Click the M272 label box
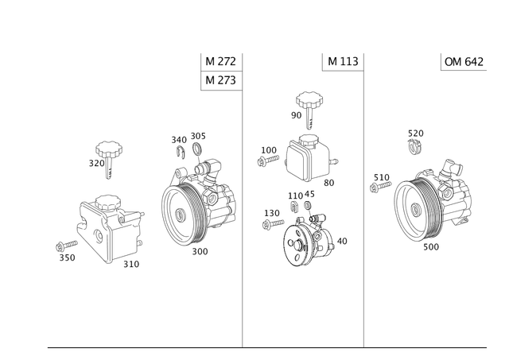(220, 62)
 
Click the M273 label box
(220, 80)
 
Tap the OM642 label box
(463, 62)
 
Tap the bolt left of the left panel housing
(65, 246)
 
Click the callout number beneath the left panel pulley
(200, 251)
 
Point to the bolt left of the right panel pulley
(379, 184)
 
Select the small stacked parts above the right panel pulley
(414, 139)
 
